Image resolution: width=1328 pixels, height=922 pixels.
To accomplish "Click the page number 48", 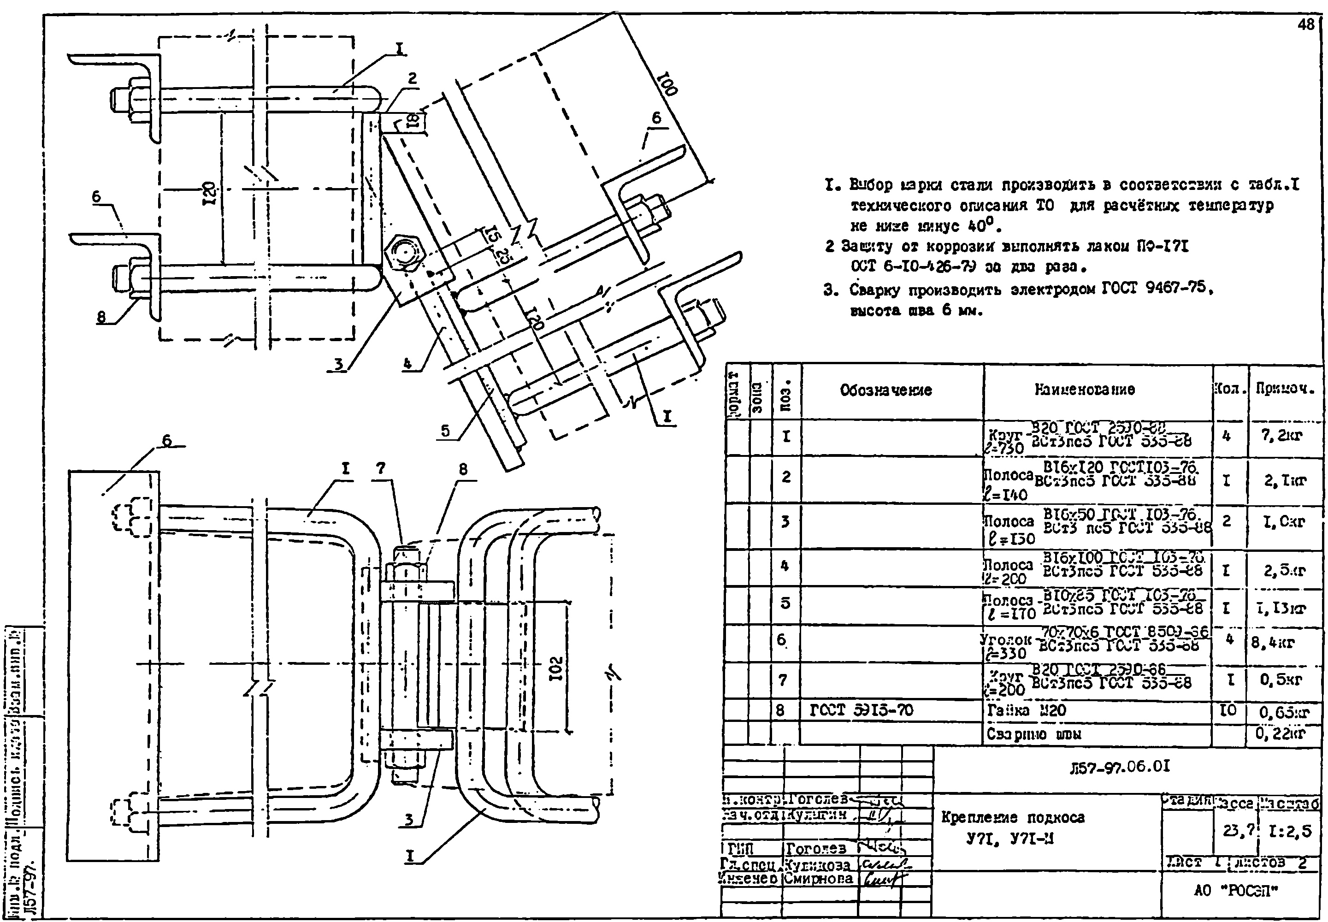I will click(1305, 24).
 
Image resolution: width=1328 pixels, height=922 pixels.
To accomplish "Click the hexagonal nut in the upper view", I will click(403, 253).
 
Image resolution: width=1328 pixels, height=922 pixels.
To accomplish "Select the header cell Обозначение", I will click(885, 390).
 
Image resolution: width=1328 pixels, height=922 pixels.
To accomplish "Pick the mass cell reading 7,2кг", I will click(1284, 436).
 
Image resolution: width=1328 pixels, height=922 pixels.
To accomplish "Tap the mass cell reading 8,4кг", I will click(1273, 642).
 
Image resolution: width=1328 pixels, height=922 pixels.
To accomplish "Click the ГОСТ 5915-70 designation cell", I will click(861, 710).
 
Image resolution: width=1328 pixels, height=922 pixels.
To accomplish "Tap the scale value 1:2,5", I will click(1290, 831).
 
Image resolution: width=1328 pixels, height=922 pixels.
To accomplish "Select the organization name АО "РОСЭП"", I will click(1236, 890).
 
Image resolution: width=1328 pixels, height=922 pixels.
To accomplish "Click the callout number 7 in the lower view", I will click(380, 468).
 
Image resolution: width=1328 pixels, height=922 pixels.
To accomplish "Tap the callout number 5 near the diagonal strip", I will click(445, 431).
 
